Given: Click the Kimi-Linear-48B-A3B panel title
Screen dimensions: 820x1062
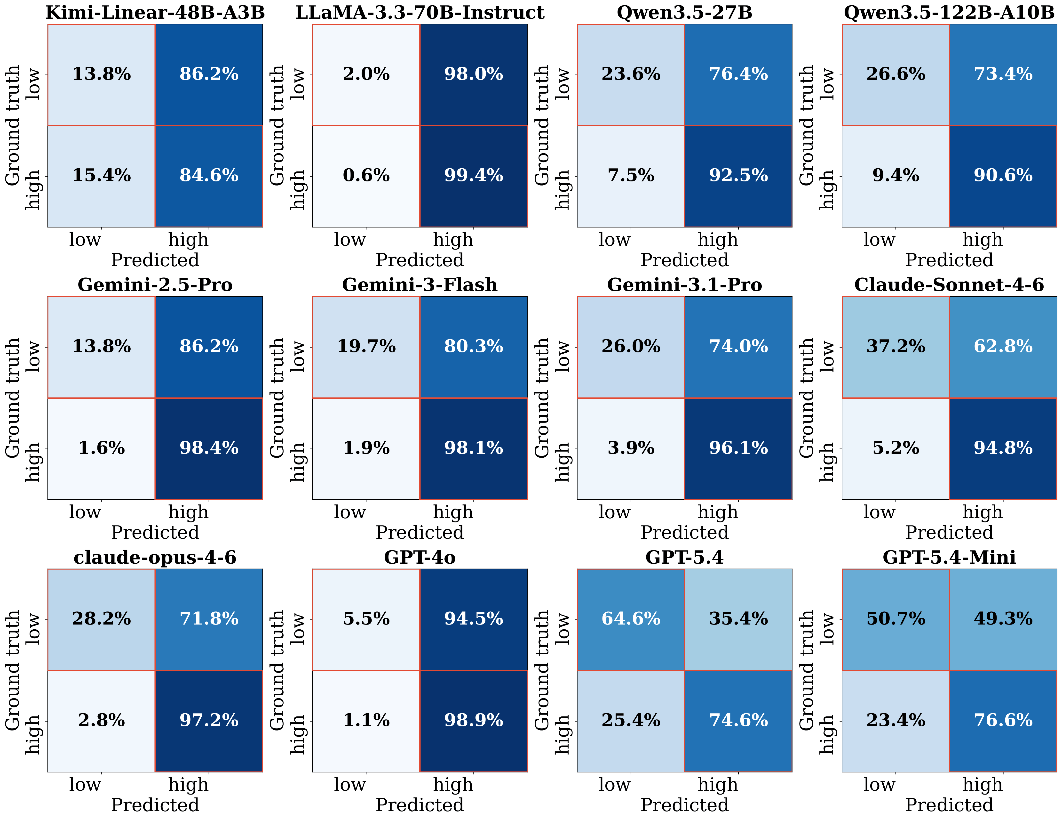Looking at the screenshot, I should coord(155,12).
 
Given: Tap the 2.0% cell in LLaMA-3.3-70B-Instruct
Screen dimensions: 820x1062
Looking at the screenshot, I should coord(366,74).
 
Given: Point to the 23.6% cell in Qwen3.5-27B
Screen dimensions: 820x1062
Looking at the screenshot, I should coord(631,74).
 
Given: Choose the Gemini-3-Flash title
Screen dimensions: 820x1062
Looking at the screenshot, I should coord(420,285).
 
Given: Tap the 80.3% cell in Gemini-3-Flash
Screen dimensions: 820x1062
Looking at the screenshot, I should coord(474,347).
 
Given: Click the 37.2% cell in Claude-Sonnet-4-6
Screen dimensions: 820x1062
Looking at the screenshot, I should coord(896,347).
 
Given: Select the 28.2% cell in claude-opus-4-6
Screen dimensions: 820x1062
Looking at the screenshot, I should coord(102,619).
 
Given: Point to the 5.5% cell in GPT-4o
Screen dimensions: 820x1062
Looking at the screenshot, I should coord(366,619).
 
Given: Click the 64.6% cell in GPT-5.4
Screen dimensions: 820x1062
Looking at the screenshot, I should coord(631,619).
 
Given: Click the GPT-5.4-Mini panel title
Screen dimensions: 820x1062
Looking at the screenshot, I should coord(949,557).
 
